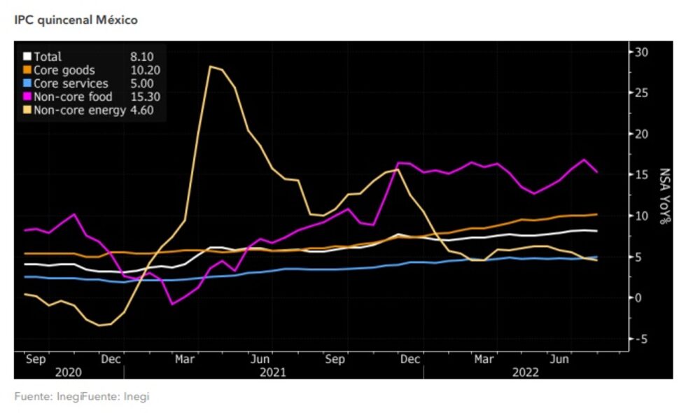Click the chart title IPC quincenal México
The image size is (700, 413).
pos(76,20)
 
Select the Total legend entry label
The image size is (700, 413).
pos(48,57)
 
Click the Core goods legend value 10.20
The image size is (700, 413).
pos(144,70)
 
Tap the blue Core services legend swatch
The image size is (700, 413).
pos(27,83)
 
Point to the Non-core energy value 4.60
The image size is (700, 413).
pos(141,110)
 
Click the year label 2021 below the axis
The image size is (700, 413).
pos(273,373)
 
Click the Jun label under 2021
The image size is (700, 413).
pos(260,360)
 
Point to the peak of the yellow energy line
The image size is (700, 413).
pos(210,66)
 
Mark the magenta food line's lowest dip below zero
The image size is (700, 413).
pos(173,304)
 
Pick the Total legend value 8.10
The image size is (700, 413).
pos(142,57)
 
